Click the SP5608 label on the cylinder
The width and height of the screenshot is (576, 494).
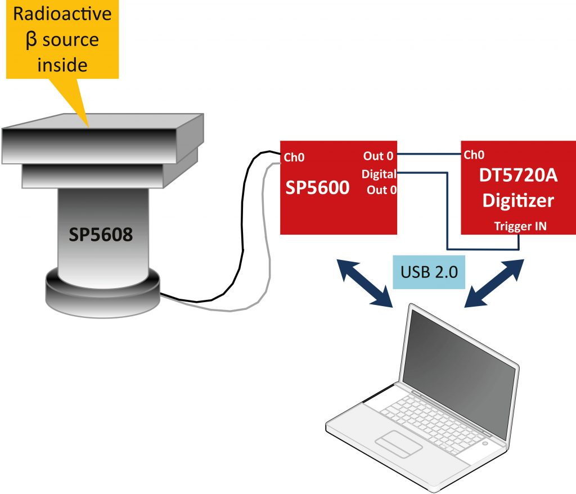101,235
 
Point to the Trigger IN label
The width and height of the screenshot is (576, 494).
520,226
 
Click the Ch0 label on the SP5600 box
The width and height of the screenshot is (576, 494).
294,158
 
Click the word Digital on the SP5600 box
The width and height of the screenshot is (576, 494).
379,174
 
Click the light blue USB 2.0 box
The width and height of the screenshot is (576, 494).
429,272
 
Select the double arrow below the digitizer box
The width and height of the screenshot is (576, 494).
495,282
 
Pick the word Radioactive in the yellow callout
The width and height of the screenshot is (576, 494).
62,14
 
